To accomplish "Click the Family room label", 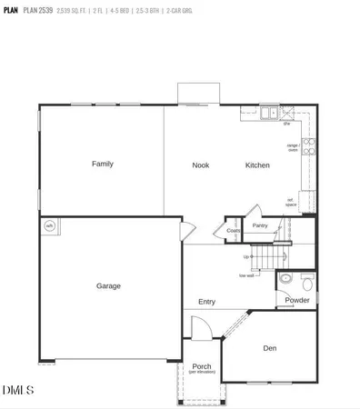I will (102, 165).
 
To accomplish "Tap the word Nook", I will (201, 165).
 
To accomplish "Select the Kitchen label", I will (257, 165).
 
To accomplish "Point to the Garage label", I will (109, 286).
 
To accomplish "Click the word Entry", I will (207, 302).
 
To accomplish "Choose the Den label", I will (270, 348).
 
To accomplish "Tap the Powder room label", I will (297, 300).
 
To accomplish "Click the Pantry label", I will (260, 225).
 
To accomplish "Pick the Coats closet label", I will (234, 232).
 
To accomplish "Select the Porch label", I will (201, 367).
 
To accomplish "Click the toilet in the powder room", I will (285, 279).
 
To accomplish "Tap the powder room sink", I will (307, 281).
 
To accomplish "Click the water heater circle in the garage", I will (50, 225).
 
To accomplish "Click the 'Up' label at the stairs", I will (246, 257).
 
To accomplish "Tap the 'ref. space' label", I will (292, 203).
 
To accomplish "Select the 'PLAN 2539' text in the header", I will (37, 12).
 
